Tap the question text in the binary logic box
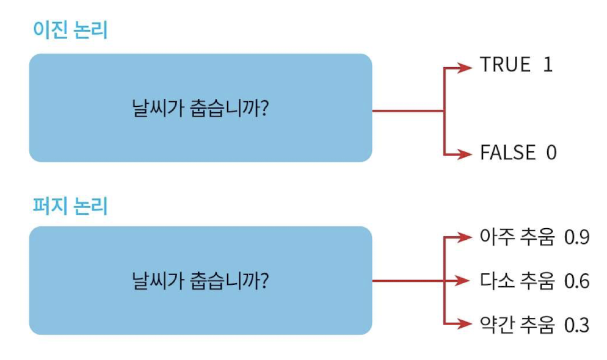point(201,110)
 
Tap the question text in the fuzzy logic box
point(201,281)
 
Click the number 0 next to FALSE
point(551,153)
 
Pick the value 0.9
point(576,237)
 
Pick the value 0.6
point(576,281)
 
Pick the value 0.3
point(576,325)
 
